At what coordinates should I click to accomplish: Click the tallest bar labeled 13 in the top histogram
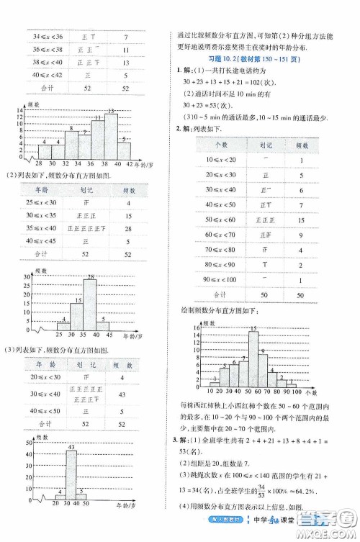click(x=110, y=136)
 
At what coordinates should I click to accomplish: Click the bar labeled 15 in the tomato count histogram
click(x=253, y=359)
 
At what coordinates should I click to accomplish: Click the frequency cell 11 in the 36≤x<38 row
click(x=126, y=51)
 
